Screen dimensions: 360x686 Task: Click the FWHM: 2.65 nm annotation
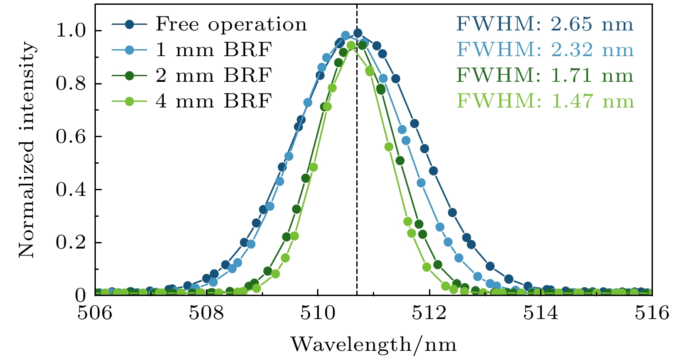(x=545, y=24)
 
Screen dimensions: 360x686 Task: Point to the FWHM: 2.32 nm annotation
(x=545, y=50)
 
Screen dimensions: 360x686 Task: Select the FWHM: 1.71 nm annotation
(x=545, y=76)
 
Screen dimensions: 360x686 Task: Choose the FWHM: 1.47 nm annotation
(x=545, y=101)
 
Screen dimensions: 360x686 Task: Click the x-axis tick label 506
(x=95, y=313)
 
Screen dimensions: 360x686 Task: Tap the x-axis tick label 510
(x=318, y=313)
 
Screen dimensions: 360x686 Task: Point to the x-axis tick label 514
(x=541, y=313)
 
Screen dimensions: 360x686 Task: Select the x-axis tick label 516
(x=652, y=313)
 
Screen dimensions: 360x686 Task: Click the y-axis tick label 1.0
(x=72, y=31)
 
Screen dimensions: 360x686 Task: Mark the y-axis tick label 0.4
(x=72, y=190)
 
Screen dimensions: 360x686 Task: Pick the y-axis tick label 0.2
(x=72, y=242)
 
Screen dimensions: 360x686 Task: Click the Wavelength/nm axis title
(x=374, y=345)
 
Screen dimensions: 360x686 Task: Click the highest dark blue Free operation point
(x=358, y=33)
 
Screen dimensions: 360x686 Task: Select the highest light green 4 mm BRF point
(x=351, y=45)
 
